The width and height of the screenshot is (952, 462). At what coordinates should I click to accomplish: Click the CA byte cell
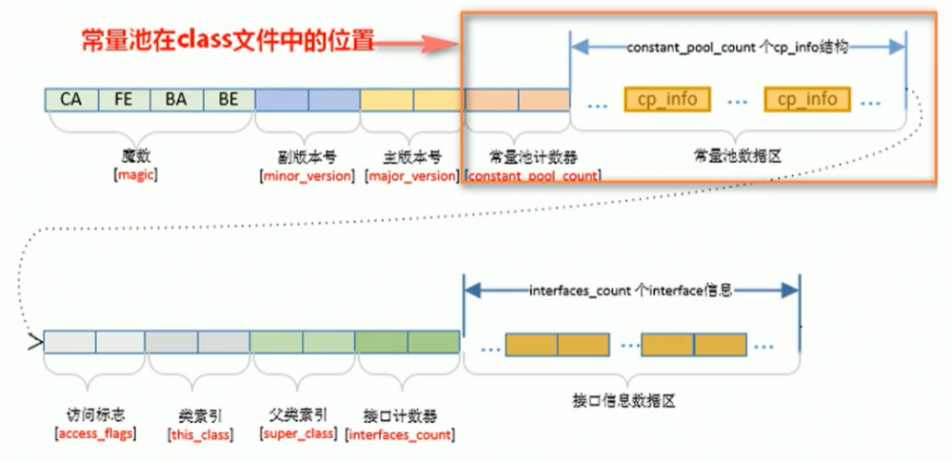[x=71, y=99]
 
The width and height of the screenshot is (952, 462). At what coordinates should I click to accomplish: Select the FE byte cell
[x=124, y=99]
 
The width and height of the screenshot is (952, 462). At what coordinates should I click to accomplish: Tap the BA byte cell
[x=176, y=99]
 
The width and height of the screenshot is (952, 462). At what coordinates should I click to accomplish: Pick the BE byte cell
[x=228, y=99]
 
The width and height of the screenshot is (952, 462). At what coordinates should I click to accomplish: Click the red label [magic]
[x=135, y=175]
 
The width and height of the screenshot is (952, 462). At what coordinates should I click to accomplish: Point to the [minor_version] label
[x=307, y=176]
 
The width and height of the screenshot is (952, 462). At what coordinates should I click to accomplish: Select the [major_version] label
[x=411, y=176]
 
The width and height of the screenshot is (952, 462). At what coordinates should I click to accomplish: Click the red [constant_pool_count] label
[x=532, y=176]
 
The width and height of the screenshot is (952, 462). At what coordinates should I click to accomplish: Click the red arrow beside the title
[x=428, y=43]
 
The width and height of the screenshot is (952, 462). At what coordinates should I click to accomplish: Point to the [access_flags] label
[x=96, y=434]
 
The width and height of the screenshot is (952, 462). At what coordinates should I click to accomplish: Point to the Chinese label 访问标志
[x=96, y=415]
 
